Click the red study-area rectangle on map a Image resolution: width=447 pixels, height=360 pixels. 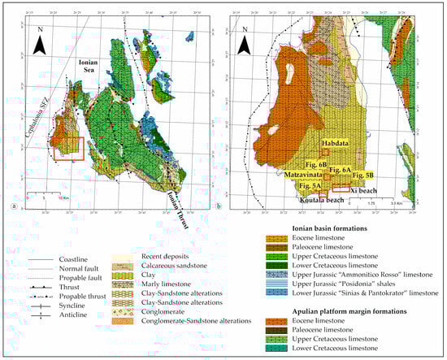[x=67, y=150]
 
